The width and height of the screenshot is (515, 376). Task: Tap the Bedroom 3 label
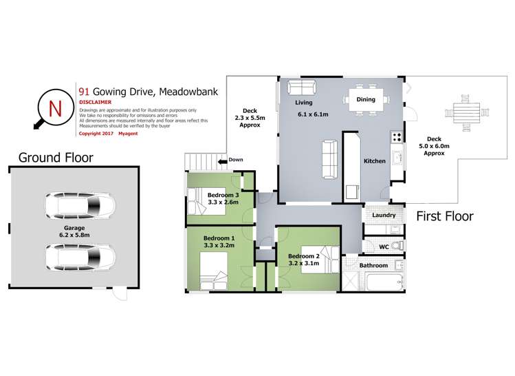223,196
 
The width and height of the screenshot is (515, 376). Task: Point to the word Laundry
384,215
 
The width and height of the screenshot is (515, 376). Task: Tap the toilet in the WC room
401,244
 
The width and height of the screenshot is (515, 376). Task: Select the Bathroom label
374,265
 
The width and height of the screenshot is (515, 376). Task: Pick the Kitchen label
375,161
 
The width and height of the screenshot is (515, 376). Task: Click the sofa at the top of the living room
301,87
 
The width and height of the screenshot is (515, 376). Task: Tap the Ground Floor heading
56,157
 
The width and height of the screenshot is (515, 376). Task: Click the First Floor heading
445,216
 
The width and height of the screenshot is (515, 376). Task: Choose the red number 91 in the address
85,90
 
